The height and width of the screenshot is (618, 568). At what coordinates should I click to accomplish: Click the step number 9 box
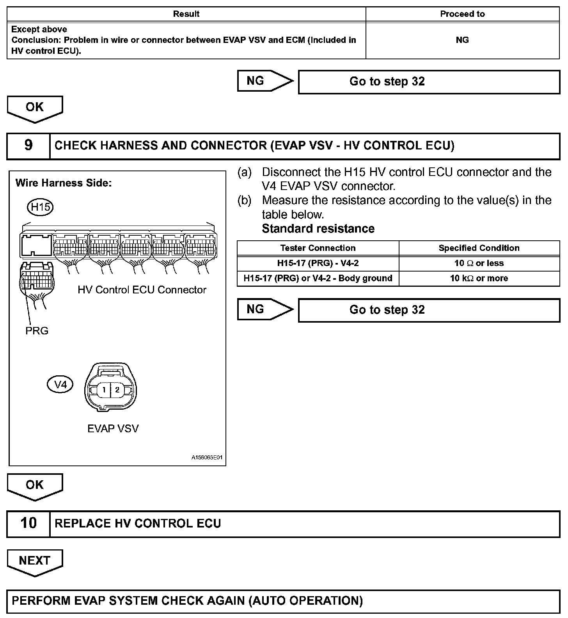[28, 146]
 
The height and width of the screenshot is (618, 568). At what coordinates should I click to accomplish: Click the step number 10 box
[28, 524]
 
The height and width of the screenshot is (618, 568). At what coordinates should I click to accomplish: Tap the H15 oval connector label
[40, 207]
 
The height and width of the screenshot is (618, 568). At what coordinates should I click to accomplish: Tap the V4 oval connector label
[60, 385]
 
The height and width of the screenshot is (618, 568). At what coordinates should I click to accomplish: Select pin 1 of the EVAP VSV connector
[104, 389]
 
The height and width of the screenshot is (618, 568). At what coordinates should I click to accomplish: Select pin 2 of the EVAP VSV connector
[117, 389]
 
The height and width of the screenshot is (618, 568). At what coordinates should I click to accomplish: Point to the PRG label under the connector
[37, 331]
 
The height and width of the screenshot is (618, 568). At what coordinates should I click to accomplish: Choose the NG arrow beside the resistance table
[264, 309]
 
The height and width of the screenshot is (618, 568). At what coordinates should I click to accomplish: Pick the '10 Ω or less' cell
[479, 263]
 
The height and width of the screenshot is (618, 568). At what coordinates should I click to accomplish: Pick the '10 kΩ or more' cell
[479, 278]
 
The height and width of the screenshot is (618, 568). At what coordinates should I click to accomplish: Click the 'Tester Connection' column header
[318, 248]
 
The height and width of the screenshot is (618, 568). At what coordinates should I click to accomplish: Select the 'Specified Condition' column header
[479, 248]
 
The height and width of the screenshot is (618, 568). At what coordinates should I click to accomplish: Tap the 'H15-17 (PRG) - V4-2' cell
[318, 263]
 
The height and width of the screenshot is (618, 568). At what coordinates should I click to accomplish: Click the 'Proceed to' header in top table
[462, 14]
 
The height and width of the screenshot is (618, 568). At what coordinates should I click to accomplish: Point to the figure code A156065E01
[207, 458]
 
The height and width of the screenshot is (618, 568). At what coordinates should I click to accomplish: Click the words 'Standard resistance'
[318, 229]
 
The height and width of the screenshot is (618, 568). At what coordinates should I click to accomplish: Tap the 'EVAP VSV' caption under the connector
[113, 428]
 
